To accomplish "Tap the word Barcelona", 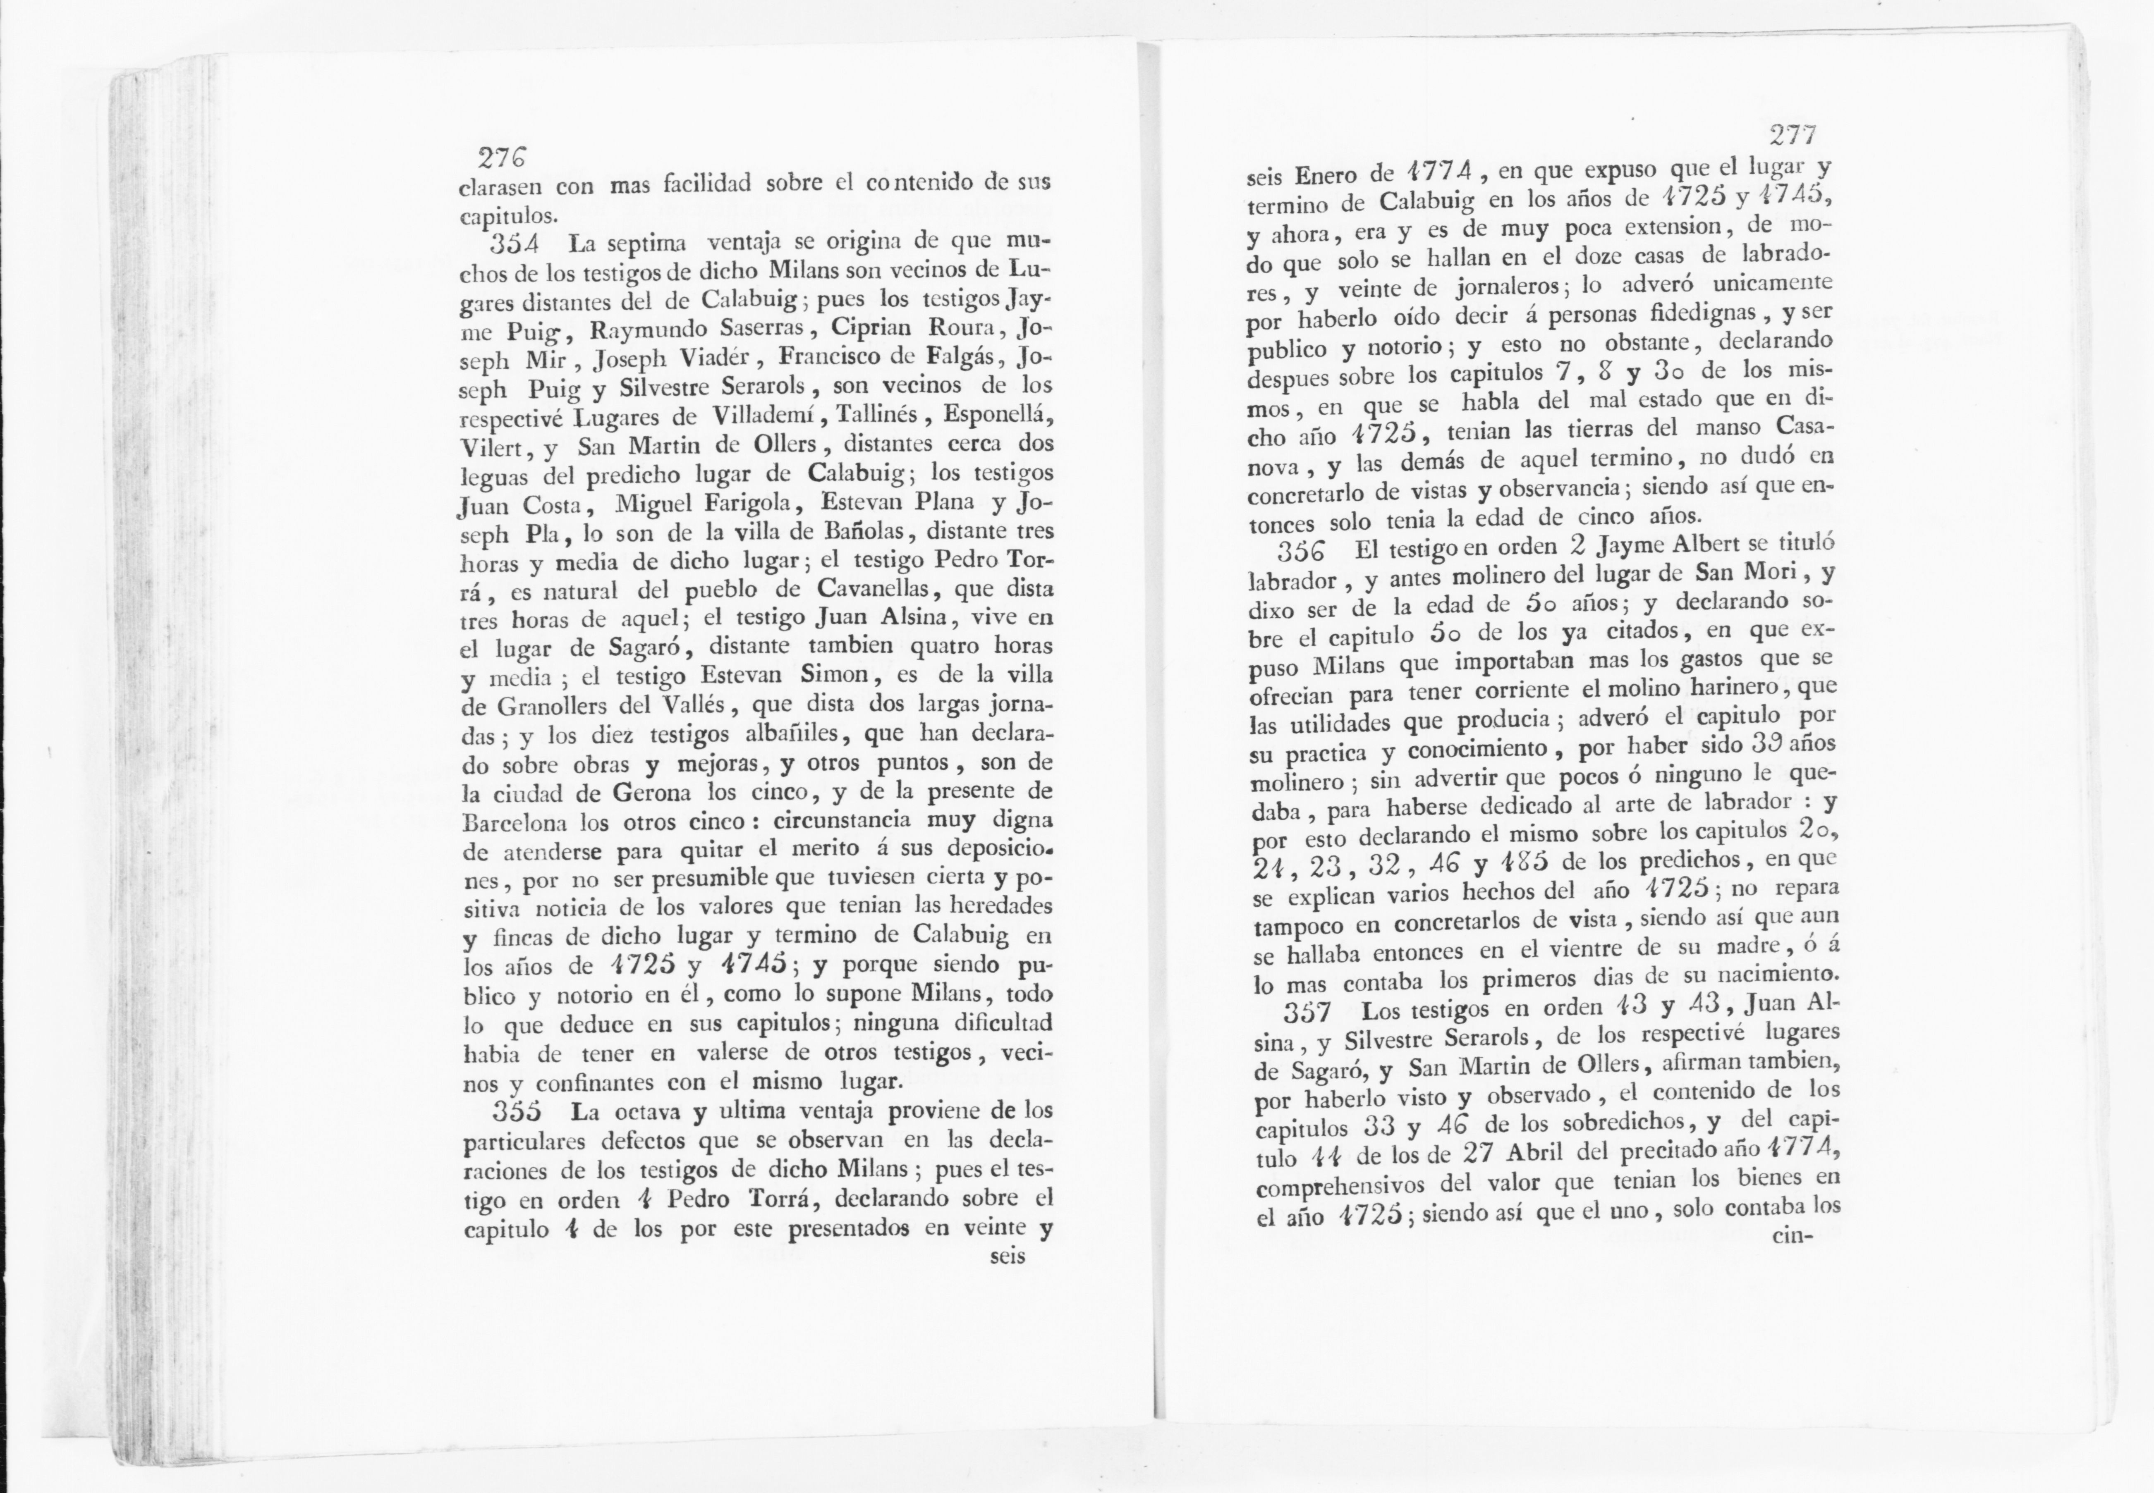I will pyautogui.click(x=517, y=823).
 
